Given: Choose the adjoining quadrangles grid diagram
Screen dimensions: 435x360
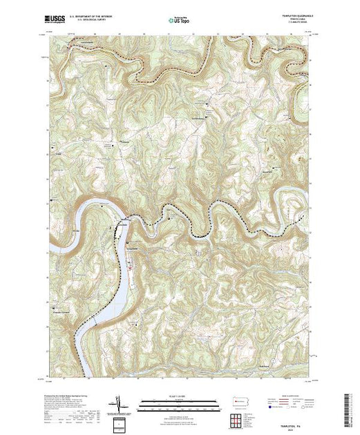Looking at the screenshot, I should (236, 420).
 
